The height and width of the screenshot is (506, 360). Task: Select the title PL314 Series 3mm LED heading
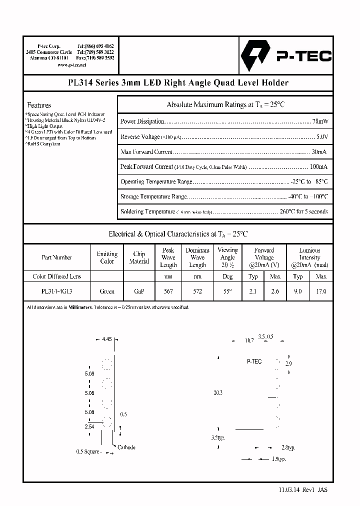point(178,83)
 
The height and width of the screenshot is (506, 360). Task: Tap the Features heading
point(39,105)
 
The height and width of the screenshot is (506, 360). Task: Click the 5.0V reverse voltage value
point(322,136)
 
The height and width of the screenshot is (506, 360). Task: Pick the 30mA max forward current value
point(319,151)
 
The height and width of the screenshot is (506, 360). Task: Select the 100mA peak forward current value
point(319,166)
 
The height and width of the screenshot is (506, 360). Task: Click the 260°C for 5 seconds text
point(303,211)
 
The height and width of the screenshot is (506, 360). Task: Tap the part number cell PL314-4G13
point(57,291)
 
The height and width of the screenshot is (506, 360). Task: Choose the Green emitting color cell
point(107,291)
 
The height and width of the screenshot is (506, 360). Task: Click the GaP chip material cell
point(139,291)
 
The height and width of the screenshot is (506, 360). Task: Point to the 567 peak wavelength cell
point(168,291)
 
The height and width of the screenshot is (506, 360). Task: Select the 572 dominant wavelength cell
point(197,291)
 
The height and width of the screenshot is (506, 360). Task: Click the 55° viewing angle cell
point(227,291)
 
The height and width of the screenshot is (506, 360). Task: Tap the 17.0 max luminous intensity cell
point(321,291)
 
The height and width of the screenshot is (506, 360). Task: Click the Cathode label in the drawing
point(126,447)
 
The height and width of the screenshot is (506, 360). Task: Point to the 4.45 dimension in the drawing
point(106,339)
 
